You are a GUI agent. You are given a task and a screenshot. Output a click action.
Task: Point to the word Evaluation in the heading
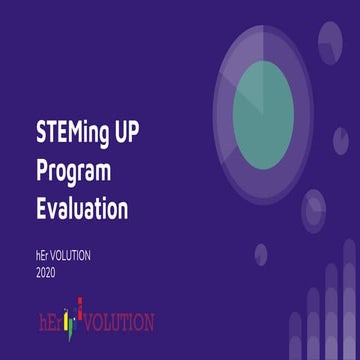tap(81, 209)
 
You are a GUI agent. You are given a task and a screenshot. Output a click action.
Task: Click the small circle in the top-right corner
tap(330, 40)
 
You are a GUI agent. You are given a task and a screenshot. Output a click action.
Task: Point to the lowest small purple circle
tap(261, 253)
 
